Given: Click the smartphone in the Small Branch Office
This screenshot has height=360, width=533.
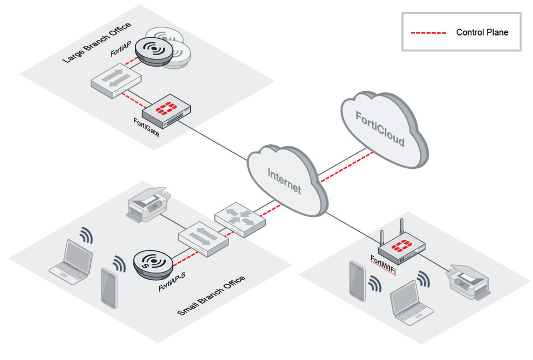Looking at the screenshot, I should coord(108,287).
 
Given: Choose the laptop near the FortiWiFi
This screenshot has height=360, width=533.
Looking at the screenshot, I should coord(411,303).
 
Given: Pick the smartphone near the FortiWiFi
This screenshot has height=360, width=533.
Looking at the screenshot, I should coord(358,280).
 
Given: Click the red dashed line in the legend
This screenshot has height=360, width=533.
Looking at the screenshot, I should coord(430,32).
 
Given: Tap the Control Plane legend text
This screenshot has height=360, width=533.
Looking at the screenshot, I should coord(482,32).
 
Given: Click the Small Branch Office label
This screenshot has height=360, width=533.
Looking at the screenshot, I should coord(212,296).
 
